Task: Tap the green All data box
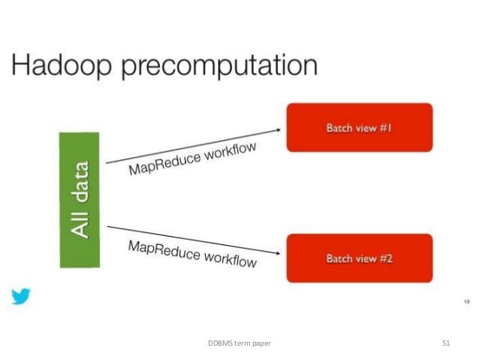click(80, 199)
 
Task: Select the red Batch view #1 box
click(359, 129)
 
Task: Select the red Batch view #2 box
click(359, 259)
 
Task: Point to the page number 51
click(446, 343)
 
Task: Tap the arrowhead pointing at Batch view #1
click(278, 129)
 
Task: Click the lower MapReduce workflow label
click(192, 253)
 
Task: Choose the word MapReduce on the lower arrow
click(162, 248)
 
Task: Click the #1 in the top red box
click(384, 129)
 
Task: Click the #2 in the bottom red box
click(384, 259)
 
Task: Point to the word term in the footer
click(241, 343)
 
